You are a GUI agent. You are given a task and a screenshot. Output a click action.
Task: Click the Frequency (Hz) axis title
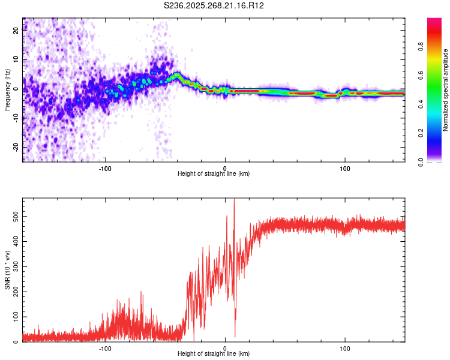pos(7,90)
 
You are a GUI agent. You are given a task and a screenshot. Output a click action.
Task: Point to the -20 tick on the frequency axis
pos(15,147)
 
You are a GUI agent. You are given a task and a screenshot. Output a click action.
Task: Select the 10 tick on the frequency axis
pos(16,60)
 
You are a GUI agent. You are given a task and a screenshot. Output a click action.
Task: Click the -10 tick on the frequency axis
pos(15,118)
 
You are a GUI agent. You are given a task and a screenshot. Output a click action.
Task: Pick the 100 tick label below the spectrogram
pos(345,168)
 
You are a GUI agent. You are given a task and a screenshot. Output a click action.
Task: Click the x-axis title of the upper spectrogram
pos(214,173)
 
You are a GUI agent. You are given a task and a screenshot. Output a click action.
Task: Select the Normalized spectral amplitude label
pos(446,90)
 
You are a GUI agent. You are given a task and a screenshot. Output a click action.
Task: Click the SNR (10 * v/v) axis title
pos(7,270)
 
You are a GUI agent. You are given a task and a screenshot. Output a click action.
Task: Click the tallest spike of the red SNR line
pos(234,200)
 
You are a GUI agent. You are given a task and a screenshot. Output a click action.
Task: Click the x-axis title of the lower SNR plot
pos(214,353)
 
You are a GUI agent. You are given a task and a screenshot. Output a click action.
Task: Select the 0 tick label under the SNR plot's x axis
pos(225,348)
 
